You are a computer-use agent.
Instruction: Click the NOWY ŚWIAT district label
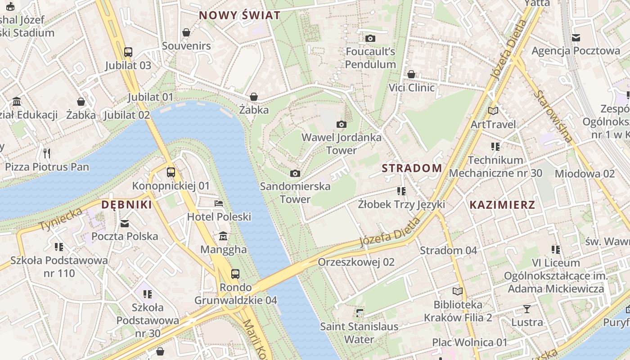(x=239, y=15)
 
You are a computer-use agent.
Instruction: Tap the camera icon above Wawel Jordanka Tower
(x=342, y=124)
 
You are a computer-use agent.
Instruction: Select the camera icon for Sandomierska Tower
(x=295, y=173)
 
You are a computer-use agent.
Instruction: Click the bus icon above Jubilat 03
(x=128, y=52)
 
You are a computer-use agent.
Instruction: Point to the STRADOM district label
(x=412, y=168)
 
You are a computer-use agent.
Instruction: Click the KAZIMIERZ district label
(x=502, y=205)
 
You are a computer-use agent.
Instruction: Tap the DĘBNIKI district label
(x=126, y=205)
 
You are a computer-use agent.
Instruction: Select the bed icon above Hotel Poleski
(x=219, y=203)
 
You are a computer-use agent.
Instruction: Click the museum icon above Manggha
(x=223, y=236)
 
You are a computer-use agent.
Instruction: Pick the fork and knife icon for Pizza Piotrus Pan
(x=47, y=153)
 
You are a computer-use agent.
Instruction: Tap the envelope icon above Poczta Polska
(x=125, y=223)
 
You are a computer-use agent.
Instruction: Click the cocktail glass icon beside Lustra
(x=527, y=309)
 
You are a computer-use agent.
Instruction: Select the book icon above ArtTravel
(x=493, y=111)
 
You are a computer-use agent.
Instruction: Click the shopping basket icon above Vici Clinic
(x=411, y=74)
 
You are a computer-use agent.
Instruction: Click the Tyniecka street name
(x=61, y=219)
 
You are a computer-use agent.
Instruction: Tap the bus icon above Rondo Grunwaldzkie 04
(x=235, y=274)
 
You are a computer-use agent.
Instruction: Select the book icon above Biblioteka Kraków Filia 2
(x=458, y=292)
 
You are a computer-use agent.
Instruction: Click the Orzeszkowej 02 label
(x=356, y=262)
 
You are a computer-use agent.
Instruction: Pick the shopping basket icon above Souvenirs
(x=186, y=32)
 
